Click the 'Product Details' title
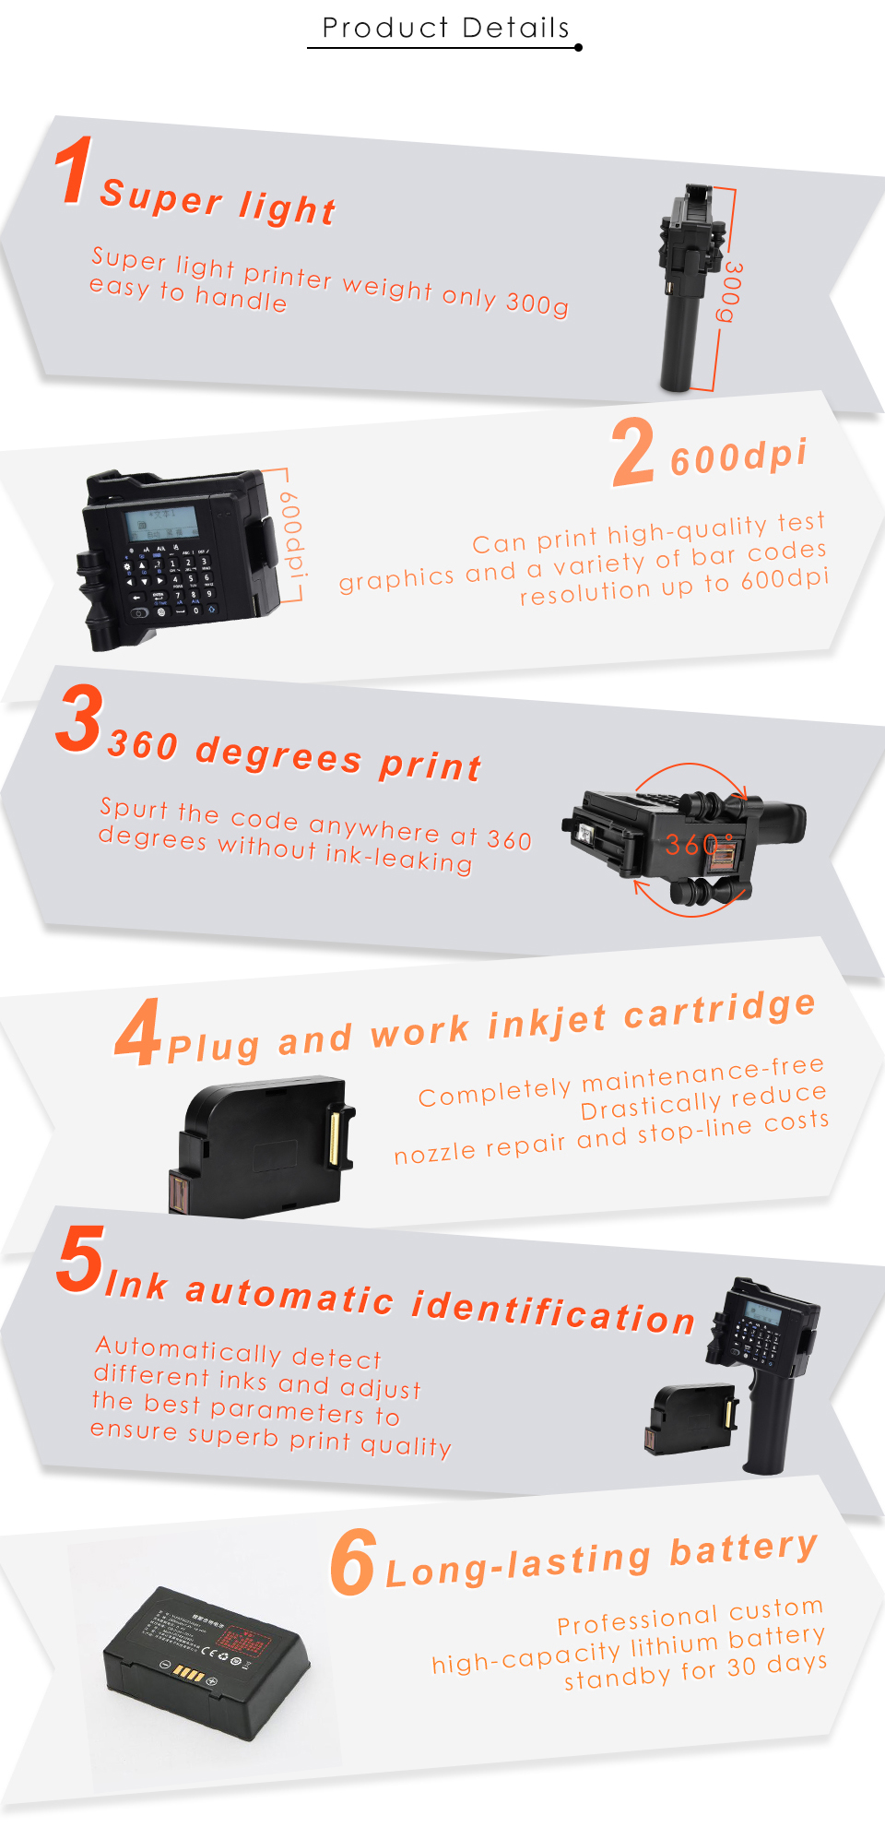pyautogui.click(x=445, y=28)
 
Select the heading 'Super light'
pyautogui.click(x=218, y=202)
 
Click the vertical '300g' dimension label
pyautogui.click(x=731, y=291)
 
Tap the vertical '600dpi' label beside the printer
pyautogui.click(x=291, y=535)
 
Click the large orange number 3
pyautogui.click(x=78, y=719)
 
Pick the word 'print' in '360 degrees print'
pyautogui.click(x=431, y=765)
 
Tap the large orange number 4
pyautogui.click(x=138, y=1033)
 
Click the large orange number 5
pyautogui.click(x=80, y=1260)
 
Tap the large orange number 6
pyautogui.click(x=353, y=1562)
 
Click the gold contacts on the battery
pyautogui.click(x=188, y=1673)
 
